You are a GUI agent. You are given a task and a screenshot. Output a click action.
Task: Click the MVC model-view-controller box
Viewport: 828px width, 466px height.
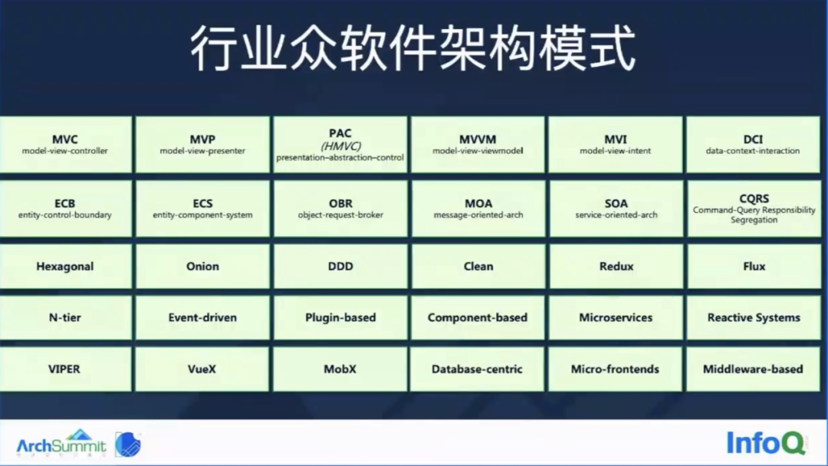[65, 145]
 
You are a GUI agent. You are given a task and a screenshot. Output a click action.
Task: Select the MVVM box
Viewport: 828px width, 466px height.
[478, 145]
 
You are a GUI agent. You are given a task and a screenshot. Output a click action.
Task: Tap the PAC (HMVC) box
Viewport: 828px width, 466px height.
[340, 145]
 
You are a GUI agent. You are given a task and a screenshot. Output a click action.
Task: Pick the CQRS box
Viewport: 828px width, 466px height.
[754, 208]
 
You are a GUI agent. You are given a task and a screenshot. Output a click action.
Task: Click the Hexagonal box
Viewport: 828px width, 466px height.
[65, 266]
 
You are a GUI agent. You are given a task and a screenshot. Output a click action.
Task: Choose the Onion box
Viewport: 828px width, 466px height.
[202, 266]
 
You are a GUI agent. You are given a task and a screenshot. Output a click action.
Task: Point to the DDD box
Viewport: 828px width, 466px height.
[340, 266]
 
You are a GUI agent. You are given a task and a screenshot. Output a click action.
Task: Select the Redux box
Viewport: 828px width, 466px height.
[616, 266]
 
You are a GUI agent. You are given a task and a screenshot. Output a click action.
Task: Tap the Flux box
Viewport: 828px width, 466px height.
[754, 266]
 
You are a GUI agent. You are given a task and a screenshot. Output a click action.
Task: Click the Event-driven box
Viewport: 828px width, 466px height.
[202, 317]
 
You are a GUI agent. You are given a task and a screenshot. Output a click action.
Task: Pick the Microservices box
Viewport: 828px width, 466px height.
[616, 317]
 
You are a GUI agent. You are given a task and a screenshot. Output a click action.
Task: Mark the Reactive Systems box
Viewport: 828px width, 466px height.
[754, 317]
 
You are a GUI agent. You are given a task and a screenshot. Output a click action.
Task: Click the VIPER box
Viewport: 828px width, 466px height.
[65, 369]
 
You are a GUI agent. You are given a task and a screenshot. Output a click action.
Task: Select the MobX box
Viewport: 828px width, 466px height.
[340, 369]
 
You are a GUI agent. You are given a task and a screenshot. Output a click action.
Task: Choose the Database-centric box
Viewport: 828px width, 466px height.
[477, 369]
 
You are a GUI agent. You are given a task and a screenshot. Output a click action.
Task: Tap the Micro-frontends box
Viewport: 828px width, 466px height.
[615, 369]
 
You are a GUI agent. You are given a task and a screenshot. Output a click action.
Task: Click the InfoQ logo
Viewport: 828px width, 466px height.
[767, 442]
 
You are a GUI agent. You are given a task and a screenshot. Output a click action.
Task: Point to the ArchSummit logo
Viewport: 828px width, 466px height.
[61, 443]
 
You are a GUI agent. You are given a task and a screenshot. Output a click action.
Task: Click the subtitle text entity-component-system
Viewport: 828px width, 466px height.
[202, 215]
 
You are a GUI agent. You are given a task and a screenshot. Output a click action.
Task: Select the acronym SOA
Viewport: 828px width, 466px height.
[616, 203]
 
